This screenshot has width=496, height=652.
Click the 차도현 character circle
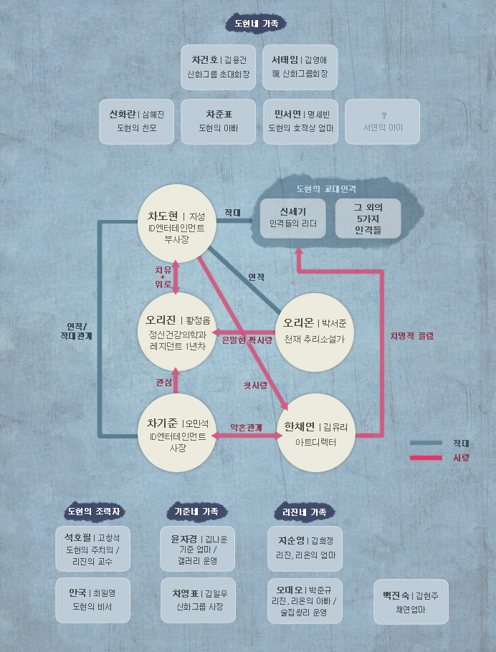pyautogui.click(x=177, y=224)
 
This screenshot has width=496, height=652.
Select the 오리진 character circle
pyautogui.click(x=177, y=332)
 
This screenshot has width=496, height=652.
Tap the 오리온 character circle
pyautogui.click(x=315, y=332)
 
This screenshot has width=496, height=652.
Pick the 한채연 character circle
pyautogui.click(x=316, y=433)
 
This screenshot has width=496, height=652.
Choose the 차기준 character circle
pyautogui.click(x=177, y=433)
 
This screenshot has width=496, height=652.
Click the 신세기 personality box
pyautogui.click(x=293, y=219)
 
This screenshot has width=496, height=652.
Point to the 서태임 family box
pyautogui.click(x=300, y=67)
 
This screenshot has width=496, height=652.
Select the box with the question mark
pyautogui.click(x=383, y=121)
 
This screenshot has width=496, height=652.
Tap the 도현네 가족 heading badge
pyautogui.click(x=257, y=23)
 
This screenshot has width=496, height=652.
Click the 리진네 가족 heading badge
pyautogui.click(x=305, y=512)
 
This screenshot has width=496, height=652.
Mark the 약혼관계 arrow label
pyautogui.click(x=247, y=427)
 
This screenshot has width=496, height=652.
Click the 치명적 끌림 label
pyautogui.click(x=412, y=335)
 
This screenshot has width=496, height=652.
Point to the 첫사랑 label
pyautogui.click(x=255, y=385)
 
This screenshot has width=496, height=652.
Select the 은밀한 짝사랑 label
pyautogui.click(x=247, y=340)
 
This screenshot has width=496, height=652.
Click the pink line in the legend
pyautogui.click(x=426, y=458)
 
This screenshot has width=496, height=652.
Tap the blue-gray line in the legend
pyautogui.click(x=426, y=443)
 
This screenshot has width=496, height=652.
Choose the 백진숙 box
pyautogui.click(x=411, y=602)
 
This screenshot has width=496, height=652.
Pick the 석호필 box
pyautogui.click(x=92, y=549)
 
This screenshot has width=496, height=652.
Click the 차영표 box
pyautogui.click(x=198, y=600)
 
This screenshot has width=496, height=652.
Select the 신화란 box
pyautogui.click(x=136, y=121)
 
